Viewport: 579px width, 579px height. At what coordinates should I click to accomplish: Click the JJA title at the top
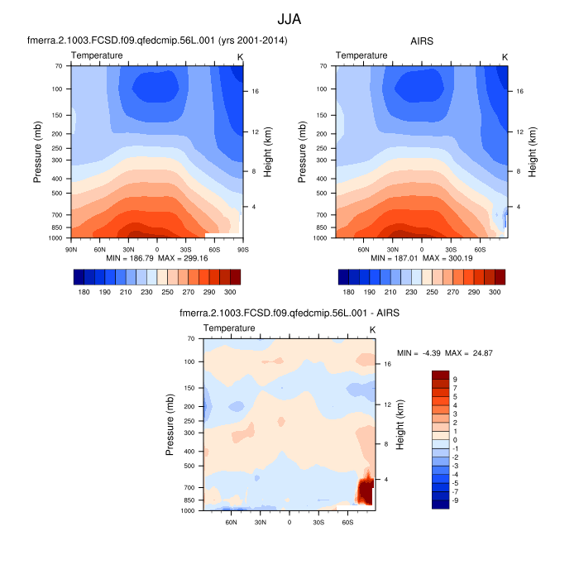coord(289,17)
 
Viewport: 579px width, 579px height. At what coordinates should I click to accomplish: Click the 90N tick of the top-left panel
coord(71,248)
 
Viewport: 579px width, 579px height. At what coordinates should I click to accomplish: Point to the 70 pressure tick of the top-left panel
coord(60,65)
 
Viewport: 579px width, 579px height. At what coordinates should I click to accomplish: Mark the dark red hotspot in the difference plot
coord(365,490)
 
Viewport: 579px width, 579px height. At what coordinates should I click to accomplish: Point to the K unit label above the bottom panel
coord(372,329)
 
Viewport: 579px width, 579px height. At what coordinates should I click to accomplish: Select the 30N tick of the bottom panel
coord(261,521)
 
